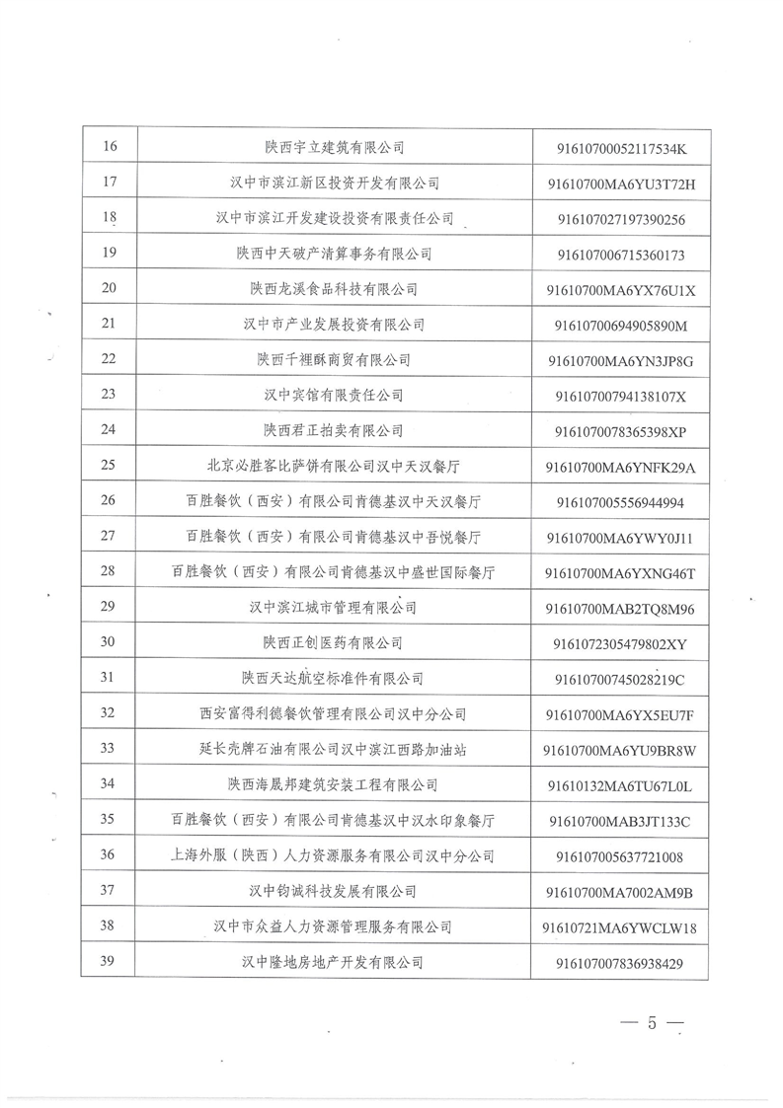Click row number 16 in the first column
pyautogui.click(x=110, y=147)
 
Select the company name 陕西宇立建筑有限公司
pyautogui.click(x=334, y=147)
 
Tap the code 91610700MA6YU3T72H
pyautogui.click(x=620, y=184)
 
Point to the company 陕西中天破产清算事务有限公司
pyautogui.click(x=334, y=254)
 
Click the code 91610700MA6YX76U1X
pyautogui.click(x=620, y=290)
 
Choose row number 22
pyautogui.click(x=110, y=359)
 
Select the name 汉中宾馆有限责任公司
pyautogui.click(x=334, y=395)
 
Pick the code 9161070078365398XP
pyautogui.click(x=620, y=431)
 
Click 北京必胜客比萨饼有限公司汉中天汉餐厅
pyautogui.click(x=334, y=466)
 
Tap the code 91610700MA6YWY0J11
pyautogui.click(x=620, y=538)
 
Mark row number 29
pyautogui.click(x=110, y=607)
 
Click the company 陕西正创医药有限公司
pyautogui.click(x=334, y=643)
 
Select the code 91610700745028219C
pyautogui.click(x=620, y=679)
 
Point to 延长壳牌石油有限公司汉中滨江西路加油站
pyautogui.click(x=334, y=749)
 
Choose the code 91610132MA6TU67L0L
pyautogui.click(x=620, y=785)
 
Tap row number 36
pyautogui.click(x=110, y=855)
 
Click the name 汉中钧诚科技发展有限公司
pyautogui.click(x=334, y=891)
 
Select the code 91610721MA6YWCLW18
pyautogui.click(x=620, y=927)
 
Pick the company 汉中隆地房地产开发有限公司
pyautogui.click(x=334, y=962)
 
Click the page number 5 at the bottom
pyautogui.click(x=652, y=1022)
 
